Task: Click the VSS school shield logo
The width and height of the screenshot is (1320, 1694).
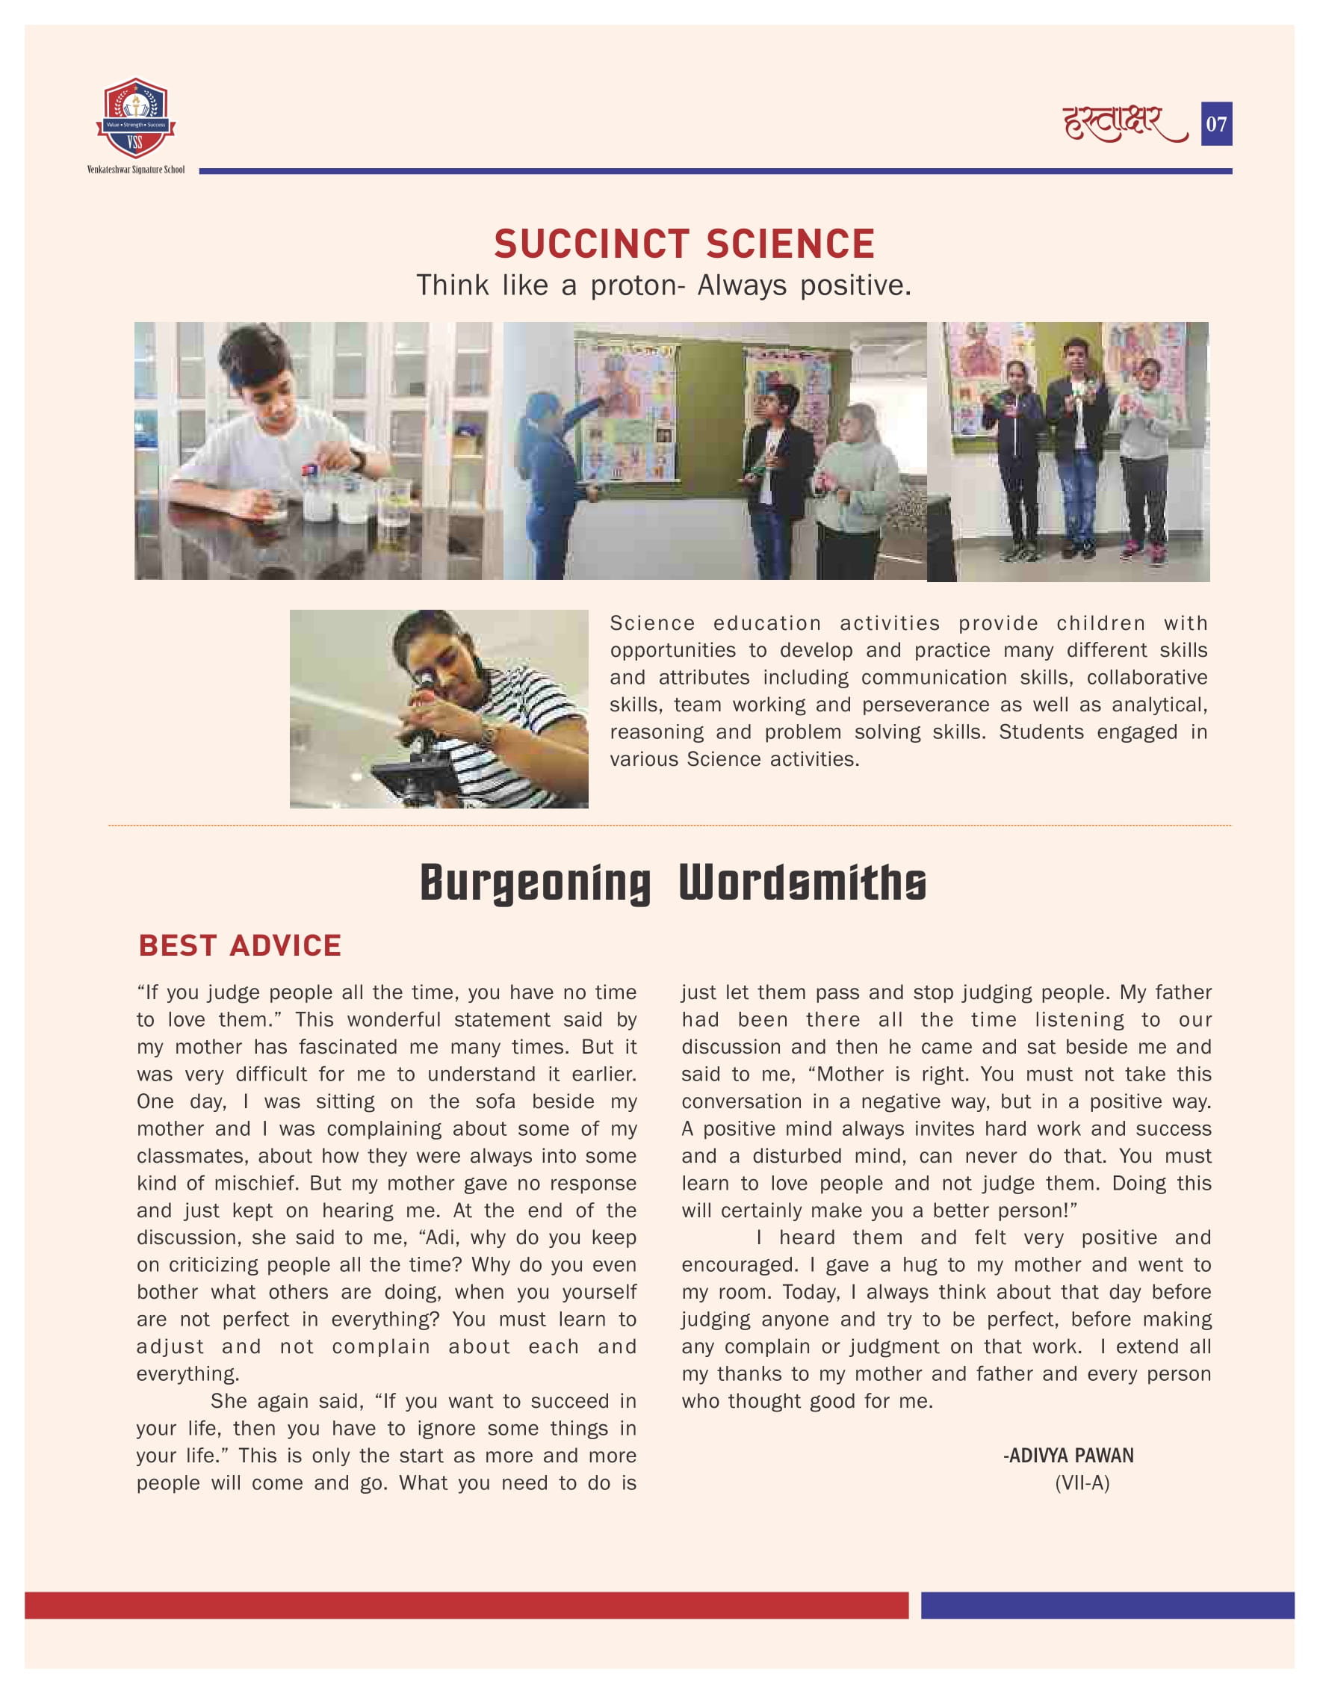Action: point(136,118)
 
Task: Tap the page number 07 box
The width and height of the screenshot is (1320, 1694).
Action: point(1216,124)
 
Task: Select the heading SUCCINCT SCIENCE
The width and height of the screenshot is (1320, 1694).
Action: point(684,244)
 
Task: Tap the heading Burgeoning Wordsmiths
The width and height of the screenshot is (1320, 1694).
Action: point(672,882)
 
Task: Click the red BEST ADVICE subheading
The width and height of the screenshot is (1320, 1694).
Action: point(240,945)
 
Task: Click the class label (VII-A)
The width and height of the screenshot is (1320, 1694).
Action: point(1082,1483)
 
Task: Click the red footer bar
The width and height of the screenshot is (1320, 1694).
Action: point(465,1605)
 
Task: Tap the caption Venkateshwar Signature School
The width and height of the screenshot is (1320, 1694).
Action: point(136,170)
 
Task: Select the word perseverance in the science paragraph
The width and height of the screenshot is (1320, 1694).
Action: point(926,705)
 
